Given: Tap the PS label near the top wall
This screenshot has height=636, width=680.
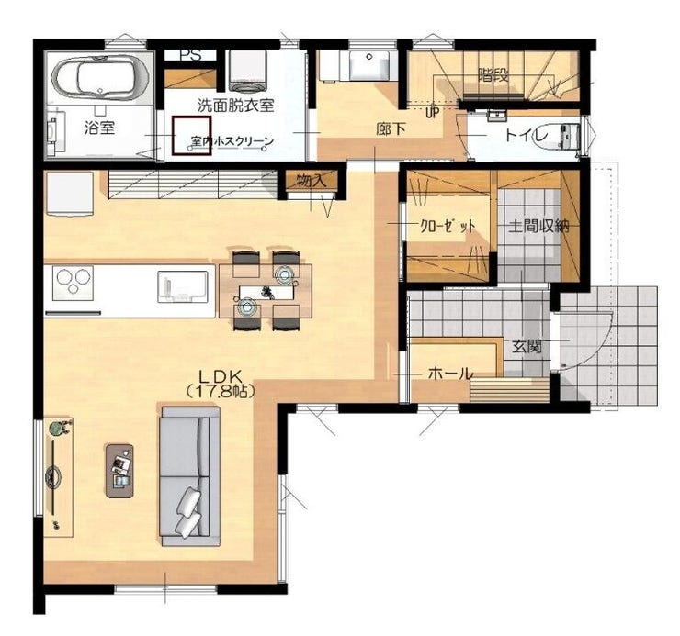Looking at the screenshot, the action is coord(191,55).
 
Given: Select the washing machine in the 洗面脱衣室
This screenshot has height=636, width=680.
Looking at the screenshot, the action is coord(247,71).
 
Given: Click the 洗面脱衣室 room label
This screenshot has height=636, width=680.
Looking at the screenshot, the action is coord(235,106).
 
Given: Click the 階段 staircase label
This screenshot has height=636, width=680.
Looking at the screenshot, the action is coord(493,75).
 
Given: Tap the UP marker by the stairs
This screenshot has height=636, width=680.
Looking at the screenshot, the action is coord(433,113).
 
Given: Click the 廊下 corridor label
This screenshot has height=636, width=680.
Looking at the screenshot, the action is coord(391,129).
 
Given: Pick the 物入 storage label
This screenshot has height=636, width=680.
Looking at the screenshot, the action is coord(312,181).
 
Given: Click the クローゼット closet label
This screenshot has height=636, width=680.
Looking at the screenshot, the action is coord(448,226).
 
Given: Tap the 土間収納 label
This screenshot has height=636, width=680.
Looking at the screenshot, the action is coord(538,226).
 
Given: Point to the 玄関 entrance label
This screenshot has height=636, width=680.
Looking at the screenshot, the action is coord(527,347).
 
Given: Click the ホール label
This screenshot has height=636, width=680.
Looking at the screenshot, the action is coord(450,374).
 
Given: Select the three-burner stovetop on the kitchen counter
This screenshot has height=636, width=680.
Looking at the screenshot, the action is coord(73,284).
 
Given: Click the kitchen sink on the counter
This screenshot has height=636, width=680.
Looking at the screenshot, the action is coord(182,286).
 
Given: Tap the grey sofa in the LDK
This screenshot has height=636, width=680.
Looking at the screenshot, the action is coord(191,476).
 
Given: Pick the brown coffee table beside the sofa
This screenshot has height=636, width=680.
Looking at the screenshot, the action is coord(119,471).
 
